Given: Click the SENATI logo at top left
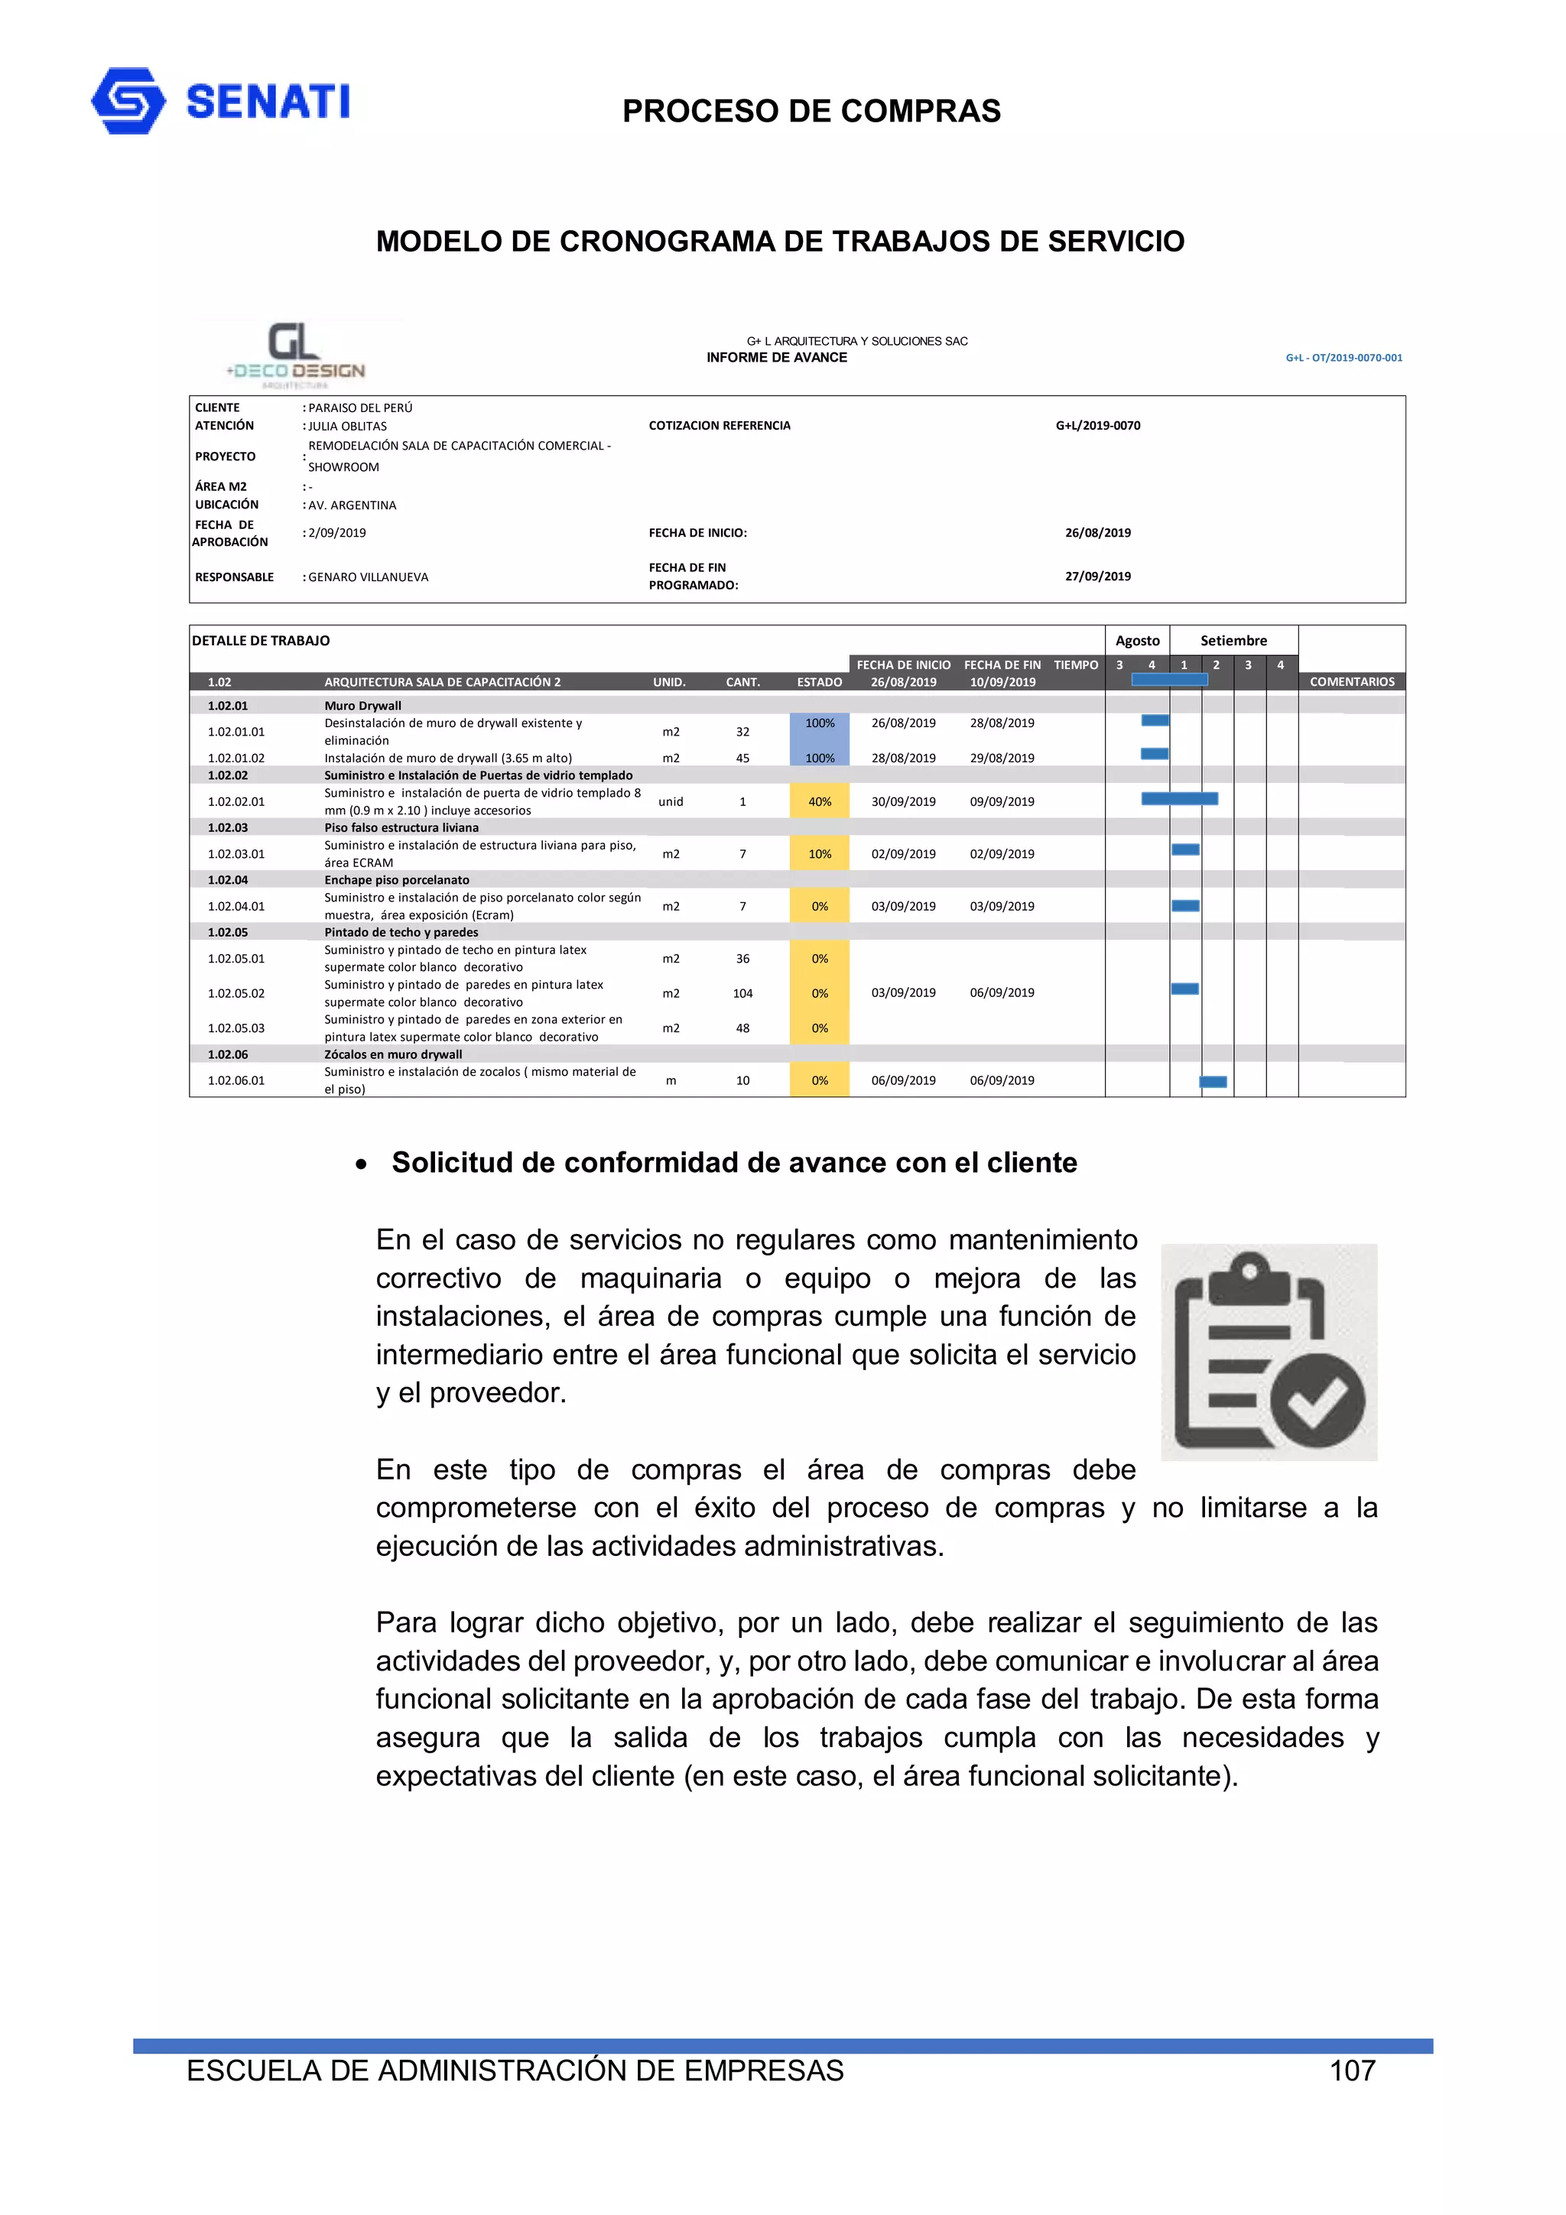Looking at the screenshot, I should pos(220,100).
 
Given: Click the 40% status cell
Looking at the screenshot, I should pos(819,801).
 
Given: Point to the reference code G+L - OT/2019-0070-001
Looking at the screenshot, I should pos(1343,358).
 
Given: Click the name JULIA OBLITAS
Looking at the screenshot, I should pos(347,425).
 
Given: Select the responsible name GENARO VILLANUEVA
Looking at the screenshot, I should pos(368,577).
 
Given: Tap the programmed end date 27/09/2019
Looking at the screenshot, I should pos(1097,576).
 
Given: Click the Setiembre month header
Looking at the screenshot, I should pos(1233,641).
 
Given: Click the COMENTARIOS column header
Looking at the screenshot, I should pos(1351,681).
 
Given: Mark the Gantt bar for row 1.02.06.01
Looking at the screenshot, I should pos(1213,1081).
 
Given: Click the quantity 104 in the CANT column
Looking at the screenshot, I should pos(742,992).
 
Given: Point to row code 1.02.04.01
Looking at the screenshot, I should pos(236,906).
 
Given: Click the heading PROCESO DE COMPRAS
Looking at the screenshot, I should pos(811,111).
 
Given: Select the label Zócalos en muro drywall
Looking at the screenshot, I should pos(393,1054).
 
